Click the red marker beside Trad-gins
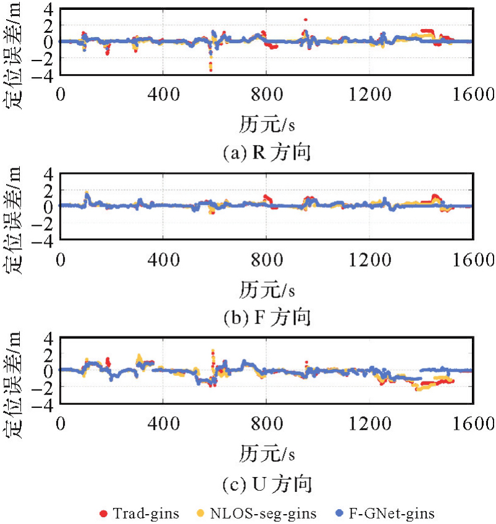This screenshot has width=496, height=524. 103,513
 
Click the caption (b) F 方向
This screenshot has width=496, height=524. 267,318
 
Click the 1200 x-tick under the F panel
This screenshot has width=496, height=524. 369,260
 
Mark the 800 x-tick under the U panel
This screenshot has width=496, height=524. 266,425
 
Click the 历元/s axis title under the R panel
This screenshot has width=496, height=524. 267,125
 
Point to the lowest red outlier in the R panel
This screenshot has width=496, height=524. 211,70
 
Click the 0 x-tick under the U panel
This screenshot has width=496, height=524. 61,425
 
